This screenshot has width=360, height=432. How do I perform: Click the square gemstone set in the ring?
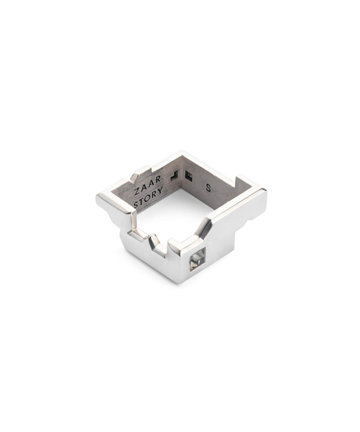coord(197,260)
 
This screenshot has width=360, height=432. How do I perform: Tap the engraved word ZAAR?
coord(148,187)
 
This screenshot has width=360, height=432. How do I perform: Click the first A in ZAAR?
coord(144,189)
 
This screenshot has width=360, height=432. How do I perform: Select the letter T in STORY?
coord(142,202)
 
